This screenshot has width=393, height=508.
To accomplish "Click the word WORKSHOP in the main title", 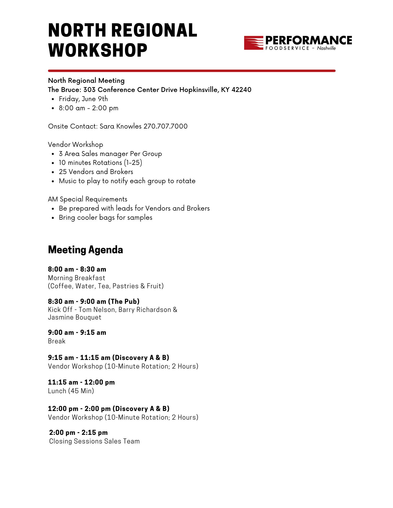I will (x=98, y=50).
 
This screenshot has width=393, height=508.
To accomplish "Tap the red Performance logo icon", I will (x=253, y=43).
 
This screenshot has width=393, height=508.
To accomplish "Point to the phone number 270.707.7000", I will (x=165, y=126).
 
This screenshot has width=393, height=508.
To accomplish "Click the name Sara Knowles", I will (x=120, y=126).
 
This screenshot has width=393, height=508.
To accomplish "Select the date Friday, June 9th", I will (x=83, y=99).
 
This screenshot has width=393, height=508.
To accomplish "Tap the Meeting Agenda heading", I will (x=85, y=250).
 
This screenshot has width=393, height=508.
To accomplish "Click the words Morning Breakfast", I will (x=77, y=278).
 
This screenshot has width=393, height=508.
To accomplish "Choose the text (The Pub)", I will (x=124, y=301).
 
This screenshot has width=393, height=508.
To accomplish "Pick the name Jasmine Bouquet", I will (x=75, y=317).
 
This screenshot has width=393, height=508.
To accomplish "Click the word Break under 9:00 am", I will (x=57, y=341).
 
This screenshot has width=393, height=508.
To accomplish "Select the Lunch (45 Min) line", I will (x=71, y=391).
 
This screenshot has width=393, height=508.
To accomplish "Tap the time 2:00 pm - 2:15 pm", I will (x=78, y=433).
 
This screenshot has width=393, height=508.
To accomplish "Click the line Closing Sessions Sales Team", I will (x=94, y=441).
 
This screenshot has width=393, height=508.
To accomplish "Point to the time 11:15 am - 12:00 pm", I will (x=81, y=382).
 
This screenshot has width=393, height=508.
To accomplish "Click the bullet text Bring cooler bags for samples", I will (x=106, y=217).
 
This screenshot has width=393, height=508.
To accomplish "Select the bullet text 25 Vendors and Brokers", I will (x=96, y=172).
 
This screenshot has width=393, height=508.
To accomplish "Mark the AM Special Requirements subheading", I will (x=88, y=199).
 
